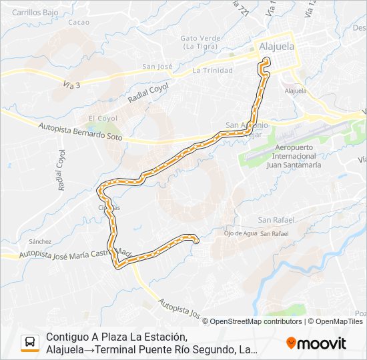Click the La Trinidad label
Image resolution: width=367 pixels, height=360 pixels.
[x=212, y=69]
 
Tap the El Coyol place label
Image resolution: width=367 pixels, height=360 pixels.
[x=103, y=118]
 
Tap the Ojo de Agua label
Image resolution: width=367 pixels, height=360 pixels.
[x=240, y=233]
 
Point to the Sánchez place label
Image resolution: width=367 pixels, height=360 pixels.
[x=40, y=241]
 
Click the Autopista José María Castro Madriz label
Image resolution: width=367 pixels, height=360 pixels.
[x=73, y=253]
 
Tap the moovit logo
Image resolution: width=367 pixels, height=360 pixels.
[x=316, y=343]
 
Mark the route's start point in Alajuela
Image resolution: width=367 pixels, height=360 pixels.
[x=266, y=61]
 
